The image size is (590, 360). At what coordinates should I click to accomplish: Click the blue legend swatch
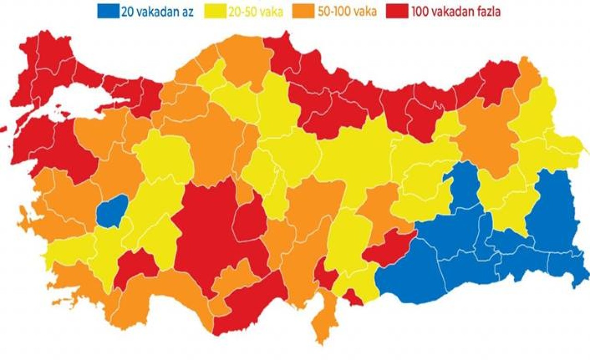coord(107,12)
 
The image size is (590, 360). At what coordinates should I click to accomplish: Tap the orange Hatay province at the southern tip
coord(323,318)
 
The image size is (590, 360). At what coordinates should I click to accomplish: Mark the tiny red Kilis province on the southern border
coord(353,298)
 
